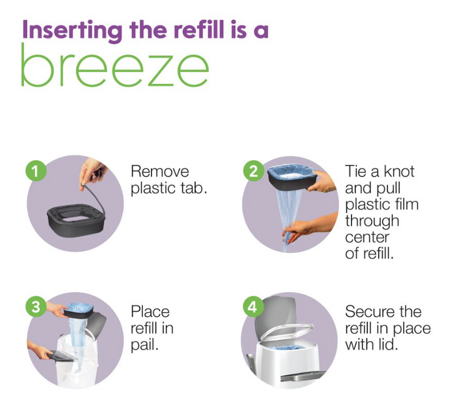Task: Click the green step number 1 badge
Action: (x=36, y=171)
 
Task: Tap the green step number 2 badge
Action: (x=254, y=171)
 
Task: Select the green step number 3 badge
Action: (x=36, y=307)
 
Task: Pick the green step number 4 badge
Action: (x=253, y=307)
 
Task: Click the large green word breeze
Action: (x=115, y=65)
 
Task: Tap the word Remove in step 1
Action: (x=160, y=172)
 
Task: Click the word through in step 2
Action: (x=372, y=221)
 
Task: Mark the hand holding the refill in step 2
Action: (x=322, y=182)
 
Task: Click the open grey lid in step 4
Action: (x=275, y=315)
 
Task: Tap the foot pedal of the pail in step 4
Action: (x=303, y=376)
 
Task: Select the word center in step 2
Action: (x=367, y=237)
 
